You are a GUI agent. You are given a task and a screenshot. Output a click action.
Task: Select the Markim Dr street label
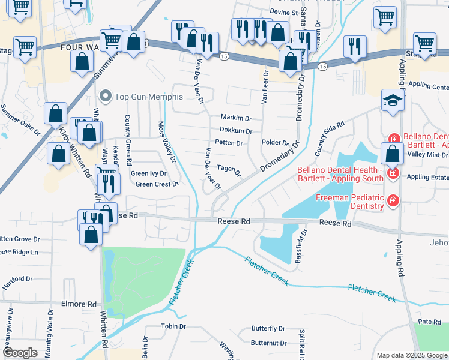(235, 118)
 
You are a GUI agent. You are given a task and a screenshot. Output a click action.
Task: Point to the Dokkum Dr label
(235, 131)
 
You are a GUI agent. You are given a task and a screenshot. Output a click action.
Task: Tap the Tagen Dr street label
(229, 170)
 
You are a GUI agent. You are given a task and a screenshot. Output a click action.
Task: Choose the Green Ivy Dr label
(148, 174)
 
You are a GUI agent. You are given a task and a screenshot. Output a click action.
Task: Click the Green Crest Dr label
(157, 184)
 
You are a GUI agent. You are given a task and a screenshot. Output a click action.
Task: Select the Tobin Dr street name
(175, 326)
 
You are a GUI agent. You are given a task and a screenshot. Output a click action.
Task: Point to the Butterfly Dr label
(268, 329)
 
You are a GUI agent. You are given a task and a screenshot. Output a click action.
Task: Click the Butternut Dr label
(268, 343)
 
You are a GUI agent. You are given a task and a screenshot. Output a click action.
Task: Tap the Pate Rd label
(430, 322)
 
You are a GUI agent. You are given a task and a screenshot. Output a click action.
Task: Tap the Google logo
(20, 353)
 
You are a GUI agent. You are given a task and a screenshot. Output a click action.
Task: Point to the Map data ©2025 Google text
(411, 355)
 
